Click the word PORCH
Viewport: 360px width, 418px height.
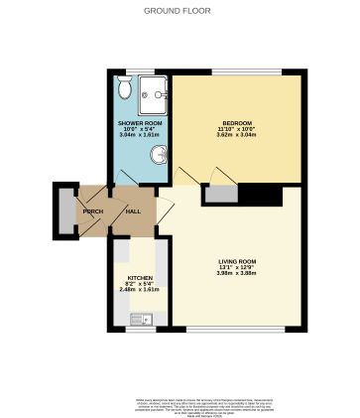point(93,212)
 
